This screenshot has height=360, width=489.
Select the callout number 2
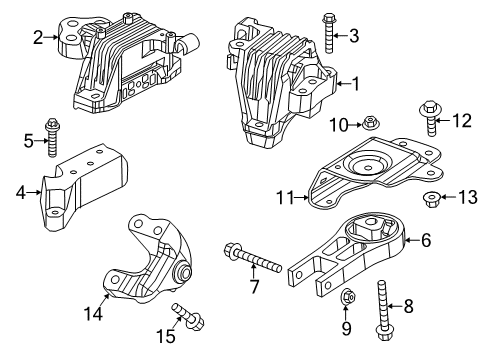(37, 38)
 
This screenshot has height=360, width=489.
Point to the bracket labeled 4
(85, 185)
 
